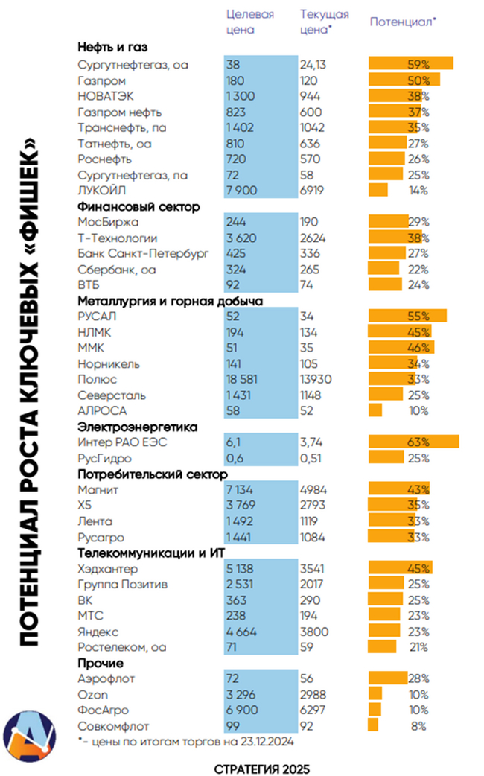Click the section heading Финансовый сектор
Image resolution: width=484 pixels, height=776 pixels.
pos(138,207)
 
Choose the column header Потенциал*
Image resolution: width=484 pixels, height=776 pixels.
pos(403,22)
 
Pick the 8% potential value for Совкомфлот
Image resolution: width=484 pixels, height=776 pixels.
pos(418,725)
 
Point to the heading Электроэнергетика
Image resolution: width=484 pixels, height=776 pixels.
pos(137,427)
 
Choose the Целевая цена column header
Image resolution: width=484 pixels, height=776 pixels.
pos(249,22)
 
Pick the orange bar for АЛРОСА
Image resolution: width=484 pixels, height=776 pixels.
pos(375,411)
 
